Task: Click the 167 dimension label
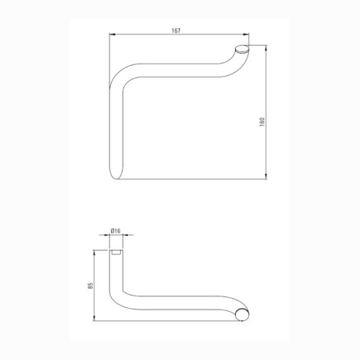tap(176, 31)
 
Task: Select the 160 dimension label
tap(262, 122)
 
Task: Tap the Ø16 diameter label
tap(116, 231)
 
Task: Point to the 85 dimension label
tap(90, 286)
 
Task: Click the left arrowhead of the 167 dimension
tap(113, 34)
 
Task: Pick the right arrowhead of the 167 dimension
tap(246, 34)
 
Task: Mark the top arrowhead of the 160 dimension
tap(267, 48)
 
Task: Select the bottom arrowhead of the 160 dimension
tap(267, 175)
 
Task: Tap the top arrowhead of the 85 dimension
tap(94, 253)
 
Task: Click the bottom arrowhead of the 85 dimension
tap(94, 318)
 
